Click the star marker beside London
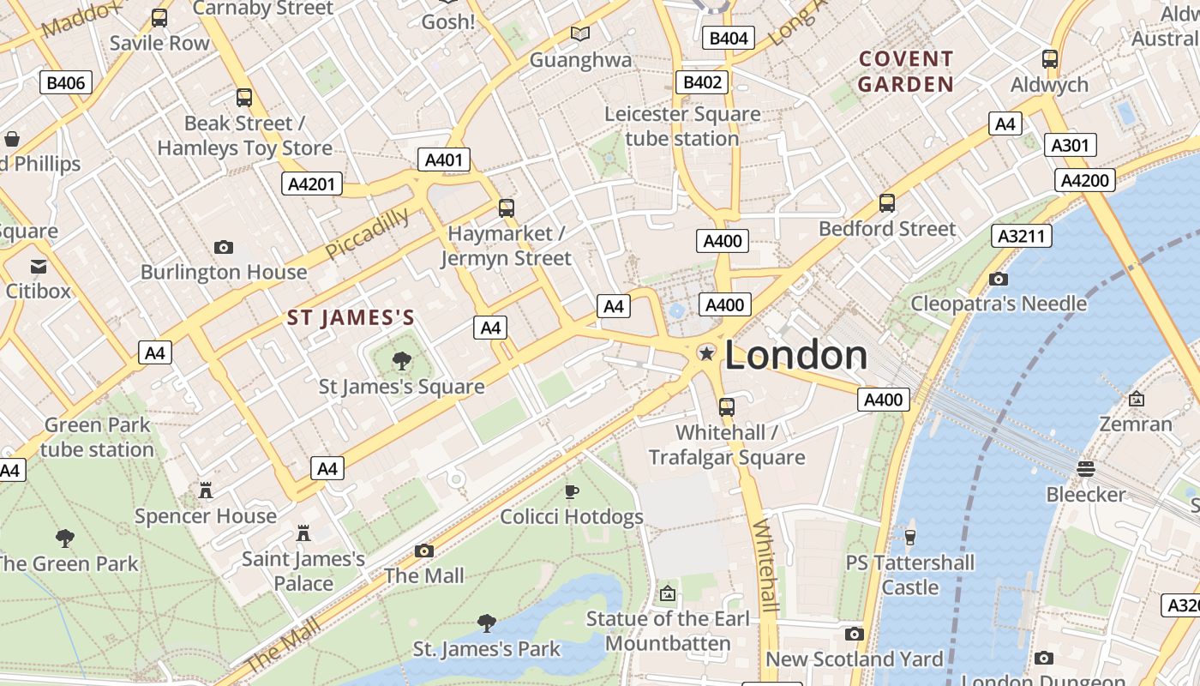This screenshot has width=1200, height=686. coord(706,353)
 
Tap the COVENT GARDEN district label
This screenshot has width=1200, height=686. coord(906,71)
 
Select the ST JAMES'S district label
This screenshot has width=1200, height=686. coord(351,318)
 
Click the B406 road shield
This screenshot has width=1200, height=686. coord(66,82)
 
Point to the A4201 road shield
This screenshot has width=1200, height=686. coord(312,184)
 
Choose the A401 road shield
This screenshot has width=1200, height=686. coord(444,159)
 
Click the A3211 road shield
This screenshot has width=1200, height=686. coord(1021,236)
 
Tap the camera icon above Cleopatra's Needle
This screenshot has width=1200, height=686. coord(998,279)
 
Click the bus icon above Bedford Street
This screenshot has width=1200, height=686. coord(887,203)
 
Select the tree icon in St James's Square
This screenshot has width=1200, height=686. coord(401,360)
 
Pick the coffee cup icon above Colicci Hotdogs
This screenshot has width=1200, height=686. coord(571,491)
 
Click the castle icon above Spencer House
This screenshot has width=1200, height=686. coord(206,490)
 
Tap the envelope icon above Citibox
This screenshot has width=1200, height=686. coord(39,266)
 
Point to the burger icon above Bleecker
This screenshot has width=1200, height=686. coord(1086,468)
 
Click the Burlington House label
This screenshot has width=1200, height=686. coord(224,272)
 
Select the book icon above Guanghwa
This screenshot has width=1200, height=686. coord(580,33)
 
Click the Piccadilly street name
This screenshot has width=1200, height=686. coord(368,232)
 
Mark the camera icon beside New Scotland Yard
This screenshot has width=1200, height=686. coord(854,634)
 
